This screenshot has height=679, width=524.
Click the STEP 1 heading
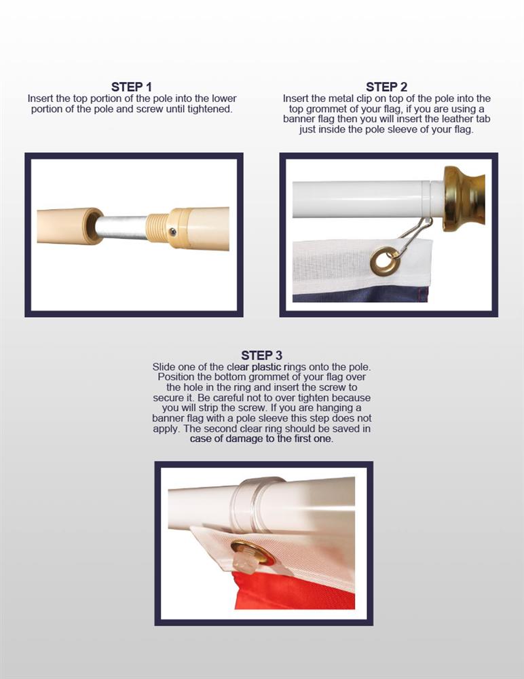pyautogui.click(x=132, y=87)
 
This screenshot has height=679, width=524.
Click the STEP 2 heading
pyautogui.click(x=386, y=87)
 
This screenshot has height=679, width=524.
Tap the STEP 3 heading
pyautogui.click(x=261, y=355)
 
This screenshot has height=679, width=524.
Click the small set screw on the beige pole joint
pyautogui.click(x=173, y=232)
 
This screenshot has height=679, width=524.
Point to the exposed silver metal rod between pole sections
pyautogui.click(x=122, y=227)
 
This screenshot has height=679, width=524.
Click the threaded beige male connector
pyautogui.click(x=157, y=228)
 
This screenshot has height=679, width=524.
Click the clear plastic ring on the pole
pyautogui.click(x=260, y=505)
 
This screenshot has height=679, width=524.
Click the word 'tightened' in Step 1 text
pyautogui.click(x=209, y=109)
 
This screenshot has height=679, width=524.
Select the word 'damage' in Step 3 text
pyautogui.click(x=244, y=439)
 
